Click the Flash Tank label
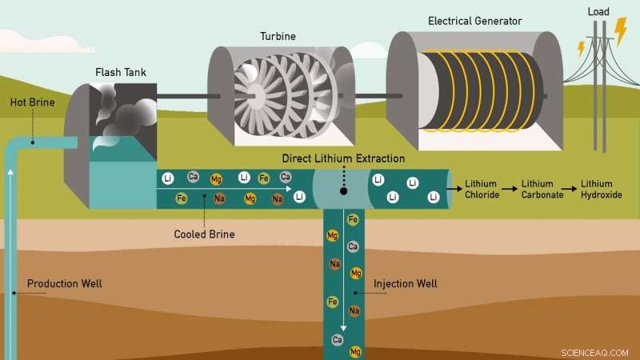(121, 73)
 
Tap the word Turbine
(277, 36)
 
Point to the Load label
(597, 12)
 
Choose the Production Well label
(64, 283)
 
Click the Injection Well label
(405, 283)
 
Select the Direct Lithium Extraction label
(343, 158)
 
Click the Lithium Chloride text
(483, 190)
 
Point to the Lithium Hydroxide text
(602, 190)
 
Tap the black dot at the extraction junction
(343, 192)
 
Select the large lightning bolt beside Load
(620, 30)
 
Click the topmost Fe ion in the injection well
(353, 218)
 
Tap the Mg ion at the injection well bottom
(356, 350)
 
